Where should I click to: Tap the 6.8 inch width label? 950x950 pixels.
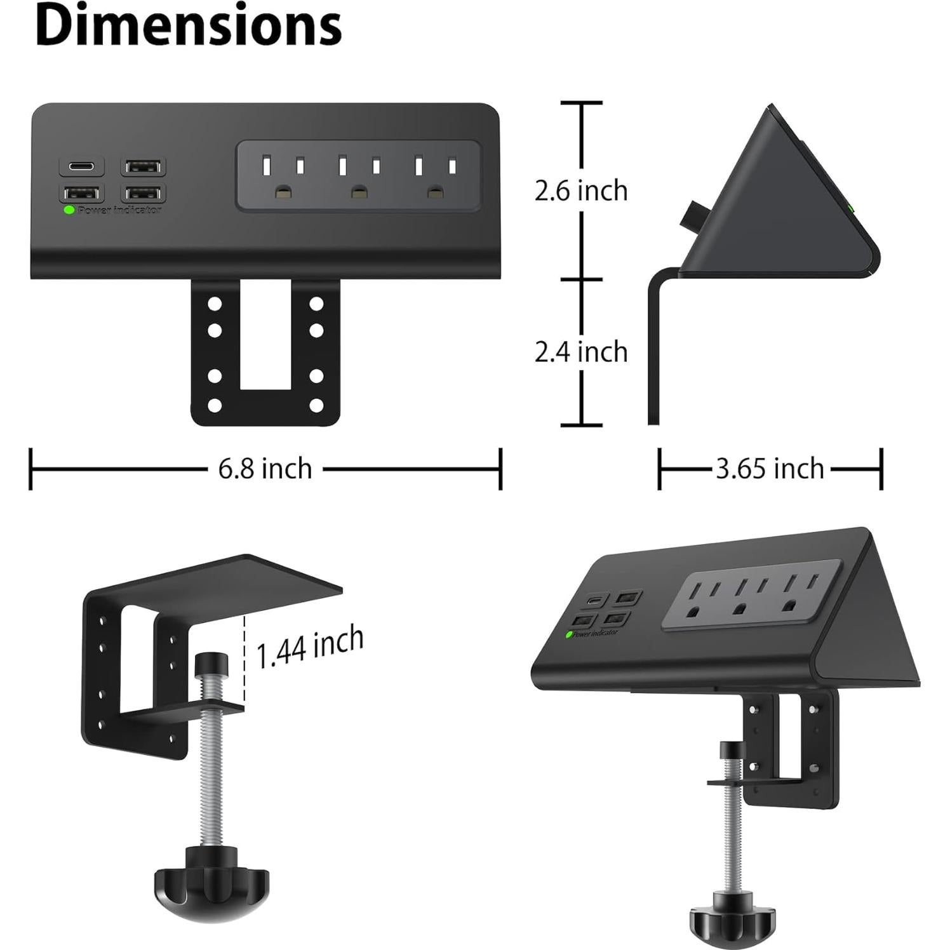pyautogui.click(x=265, y=469)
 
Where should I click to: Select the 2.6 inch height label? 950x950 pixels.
pyautogui.click(x=580, y=191)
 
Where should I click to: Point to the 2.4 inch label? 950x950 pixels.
pyautogui.click(x=580, y=352)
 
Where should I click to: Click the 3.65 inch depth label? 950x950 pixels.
pyautogui.click(x=770, y=469)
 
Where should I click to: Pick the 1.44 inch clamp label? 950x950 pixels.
pyautogui.click(x=310, y=646)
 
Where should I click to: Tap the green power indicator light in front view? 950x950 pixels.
pyautogui.click(x=69, y=210)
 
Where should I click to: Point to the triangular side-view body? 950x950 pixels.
pyautogui.click(x=775, y=210)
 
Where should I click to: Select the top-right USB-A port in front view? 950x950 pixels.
pyautogui.click(x=144, y=167)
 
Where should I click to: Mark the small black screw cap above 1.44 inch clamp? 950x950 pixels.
pyautogui.click(x=211, y=665)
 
